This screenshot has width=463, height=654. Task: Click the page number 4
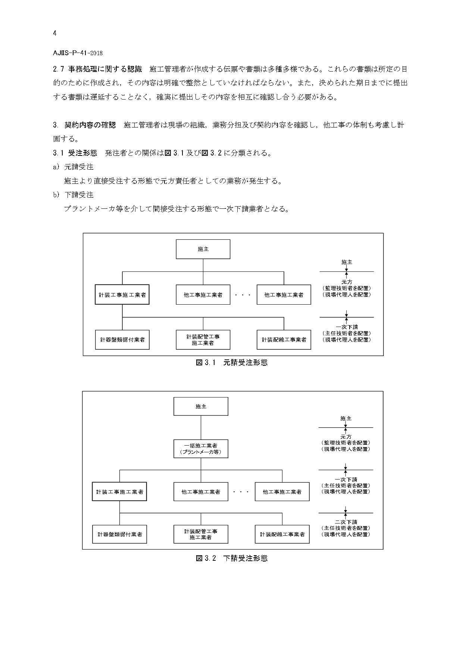pyautogui.click(x=55, y=34)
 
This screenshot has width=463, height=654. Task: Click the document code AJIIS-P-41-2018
pyautogui.click(x=78, y=53)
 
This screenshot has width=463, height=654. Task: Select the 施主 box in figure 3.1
pyautogui.click(x=203, y=249)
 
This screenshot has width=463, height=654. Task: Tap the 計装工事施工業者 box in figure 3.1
pyautogui.click(x=122, y=295)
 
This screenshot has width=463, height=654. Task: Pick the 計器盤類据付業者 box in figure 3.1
pyautogui.click(x=122, y=340)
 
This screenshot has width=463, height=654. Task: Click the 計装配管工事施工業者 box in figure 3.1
pyautogui.click(x=203, y=340)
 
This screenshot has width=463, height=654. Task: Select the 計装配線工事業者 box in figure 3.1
pyautogui.click(x=284, y=340)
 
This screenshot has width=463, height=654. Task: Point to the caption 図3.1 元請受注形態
pyautogui.click(x=232, y=362)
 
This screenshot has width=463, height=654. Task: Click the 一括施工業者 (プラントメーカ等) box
pyautogui.click(x=201, y=449)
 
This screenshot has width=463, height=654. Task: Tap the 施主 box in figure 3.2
pyautogui.click(x=201, y=406)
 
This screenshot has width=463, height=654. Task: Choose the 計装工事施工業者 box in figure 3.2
pyautogui.click(x=119, y=491)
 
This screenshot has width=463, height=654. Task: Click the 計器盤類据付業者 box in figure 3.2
pyautogui.click(x=120, y=534)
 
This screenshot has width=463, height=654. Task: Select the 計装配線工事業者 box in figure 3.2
pyautogui.click(x=282, y=534)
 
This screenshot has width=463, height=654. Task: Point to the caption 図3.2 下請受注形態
pyautogui.click(x=232, y=558)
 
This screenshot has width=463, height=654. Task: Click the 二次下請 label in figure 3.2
pyautogui.click(x=346, y=522)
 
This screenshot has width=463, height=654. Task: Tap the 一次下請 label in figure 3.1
pyautogui.click(x=347, y=327)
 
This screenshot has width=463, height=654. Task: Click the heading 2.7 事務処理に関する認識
pyautogui.click(x=97, y=69)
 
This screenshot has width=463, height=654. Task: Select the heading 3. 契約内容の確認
pyautogui.click(x=84, y=125)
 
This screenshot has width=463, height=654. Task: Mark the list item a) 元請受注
pyautogui.click(x=73, y=167)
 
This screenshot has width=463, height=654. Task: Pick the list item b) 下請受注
pyautogui.click(x=73, y=195)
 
